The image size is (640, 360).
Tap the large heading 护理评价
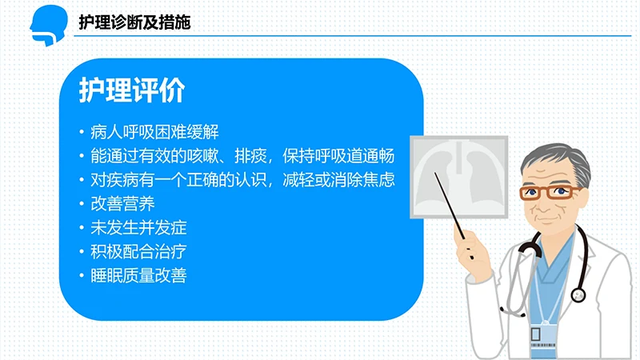click(x=131, y=91)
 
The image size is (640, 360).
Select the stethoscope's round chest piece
click(x=578, y=295)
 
